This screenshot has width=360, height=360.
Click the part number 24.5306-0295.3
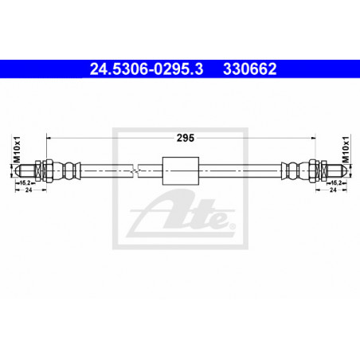pyautogui.click(x=147, y=68)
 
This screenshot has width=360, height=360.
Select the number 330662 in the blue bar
pyautogui.click(x=250, y=68)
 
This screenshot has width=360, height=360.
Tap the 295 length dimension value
pyautogui.click(x=186, y=138)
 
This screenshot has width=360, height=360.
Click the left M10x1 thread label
pyautogui.click(x=17, y=150)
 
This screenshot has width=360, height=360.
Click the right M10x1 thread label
pyautogui.click(x=346, y=150)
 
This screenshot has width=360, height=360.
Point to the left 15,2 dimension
pyautogui.click(x=25, y=183)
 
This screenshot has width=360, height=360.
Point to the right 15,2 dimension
pyautogui.click(x=336, y=183)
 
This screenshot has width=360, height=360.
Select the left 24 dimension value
pyautogui.click(x=29, y=190)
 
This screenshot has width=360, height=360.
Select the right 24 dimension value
pyautogui.click(x=333, y=190)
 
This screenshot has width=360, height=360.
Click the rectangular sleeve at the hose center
pyautogui.click(x=181, y=170)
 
